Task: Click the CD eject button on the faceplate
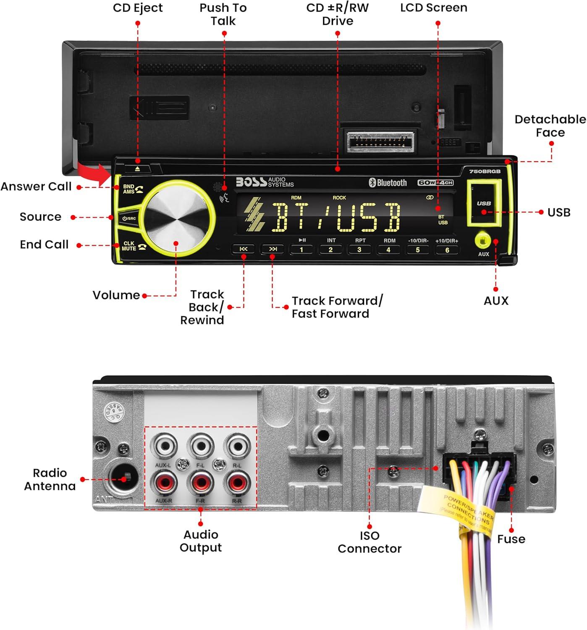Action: (137, 169)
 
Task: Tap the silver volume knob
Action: (176, 218)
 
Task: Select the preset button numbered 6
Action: (447, 250)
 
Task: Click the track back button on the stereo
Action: (244, 249)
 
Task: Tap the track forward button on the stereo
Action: (273, 249)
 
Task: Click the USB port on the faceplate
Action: (484, 203)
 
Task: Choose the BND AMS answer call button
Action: (132, 189)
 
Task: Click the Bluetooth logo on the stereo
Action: (388, 183)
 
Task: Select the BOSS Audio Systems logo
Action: (265, 182)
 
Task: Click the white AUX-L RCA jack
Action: (164, 446)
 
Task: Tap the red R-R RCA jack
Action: (237, 483)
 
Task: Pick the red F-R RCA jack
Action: (200, 483)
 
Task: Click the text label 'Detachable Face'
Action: (550, 126)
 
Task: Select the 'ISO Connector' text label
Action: (369, 542)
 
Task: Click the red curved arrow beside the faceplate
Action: (92, 172)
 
